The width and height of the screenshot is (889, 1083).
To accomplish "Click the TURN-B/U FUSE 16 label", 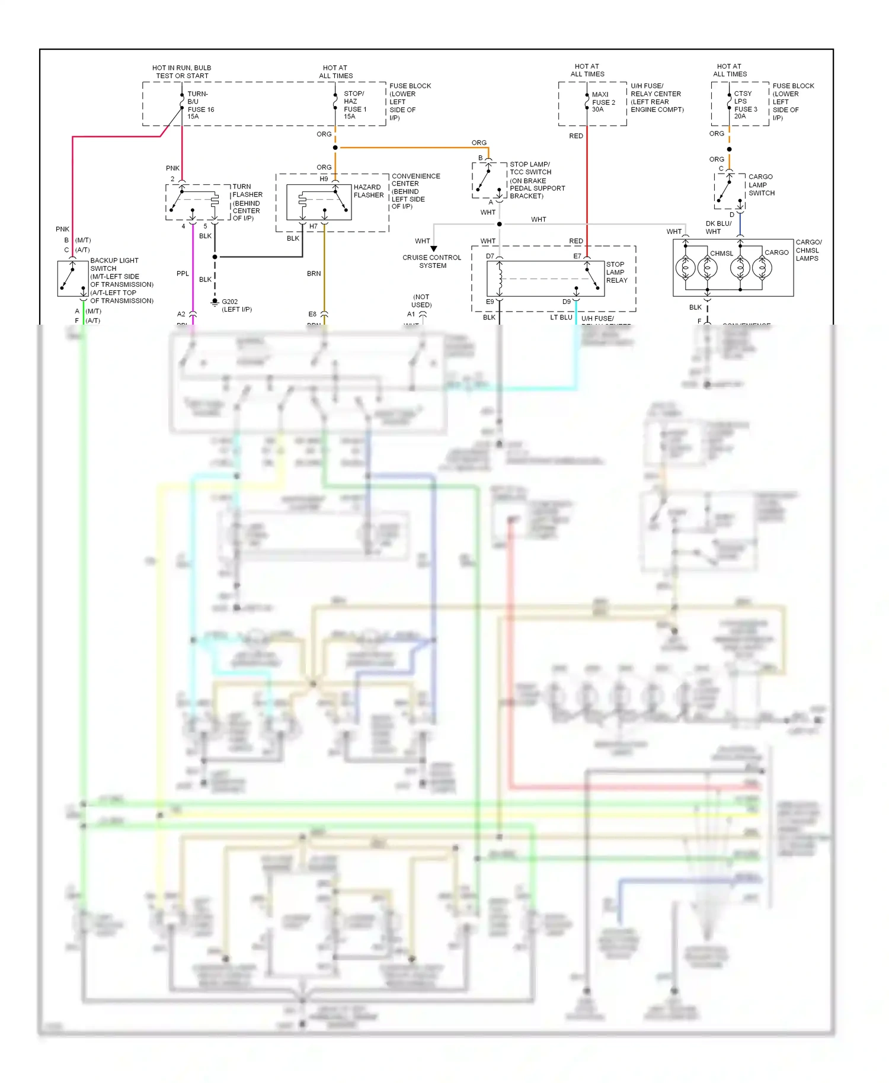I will coord(200,105).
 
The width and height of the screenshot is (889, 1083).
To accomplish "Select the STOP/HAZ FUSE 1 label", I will coord(354,105).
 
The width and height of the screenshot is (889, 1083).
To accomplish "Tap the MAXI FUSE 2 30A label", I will coord(603,102).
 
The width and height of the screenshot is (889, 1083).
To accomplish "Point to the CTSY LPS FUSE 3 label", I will coord(745,105).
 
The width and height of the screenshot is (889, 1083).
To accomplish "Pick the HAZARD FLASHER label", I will coord(368,191).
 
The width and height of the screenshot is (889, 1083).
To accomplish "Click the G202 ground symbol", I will coord(215,303).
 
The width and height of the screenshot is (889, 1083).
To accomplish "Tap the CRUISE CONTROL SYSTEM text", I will coord(431,261).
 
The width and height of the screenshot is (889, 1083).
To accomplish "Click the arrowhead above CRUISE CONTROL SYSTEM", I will coord(434,249).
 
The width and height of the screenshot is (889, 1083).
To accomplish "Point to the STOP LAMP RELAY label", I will coord(616,273).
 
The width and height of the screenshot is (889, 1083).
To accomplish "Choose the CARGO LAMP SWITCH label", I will coord(761,185).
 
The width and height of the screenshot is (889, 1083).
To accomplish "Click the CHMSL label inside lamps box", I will coord(721,254).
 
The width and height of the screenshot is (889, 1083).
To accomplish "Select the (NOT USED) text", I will coord(421,301).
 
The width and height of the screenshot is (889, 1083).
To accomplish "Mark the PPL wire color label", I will coord(183,274).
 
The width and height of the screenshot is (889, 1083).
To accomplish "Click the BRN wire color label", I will coord(314,274).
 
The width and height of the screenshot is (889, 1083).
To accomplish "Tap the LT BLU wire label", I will coord(561,318).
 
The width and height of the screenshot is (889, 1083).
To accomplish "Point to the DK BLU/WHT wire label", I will coord(718,228).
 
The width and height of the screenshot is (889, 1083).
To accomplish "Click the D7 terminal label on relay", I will coord(490,257).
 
